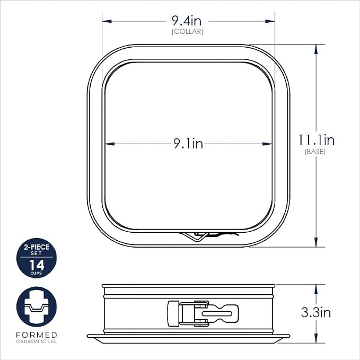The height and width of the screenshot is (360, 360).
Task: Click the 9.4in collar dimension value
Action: [187, 21]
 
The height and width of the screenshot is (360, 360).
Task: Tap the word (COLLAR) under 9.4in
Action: [188, 32]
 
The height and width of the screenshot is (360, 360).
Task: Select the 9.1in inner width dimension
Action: [188, 144]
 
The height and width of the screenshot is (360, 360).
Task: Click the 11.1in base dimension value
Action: [317, 140]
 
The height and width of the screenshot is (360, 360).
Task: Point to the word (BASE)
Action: [315, 152]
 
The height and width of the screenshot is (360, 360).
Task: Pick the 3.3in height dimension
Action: [316, 312]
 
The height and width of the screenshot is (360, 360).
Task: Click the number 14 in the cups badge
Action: [37, 265]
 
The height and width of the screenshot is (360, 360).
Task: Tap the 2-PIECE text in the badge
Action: [37, 247]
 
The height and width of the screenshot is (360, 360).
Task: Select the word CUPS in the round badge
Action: [36, 273]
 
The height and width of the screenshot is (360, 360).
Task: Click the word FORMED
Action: [37, 335]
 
